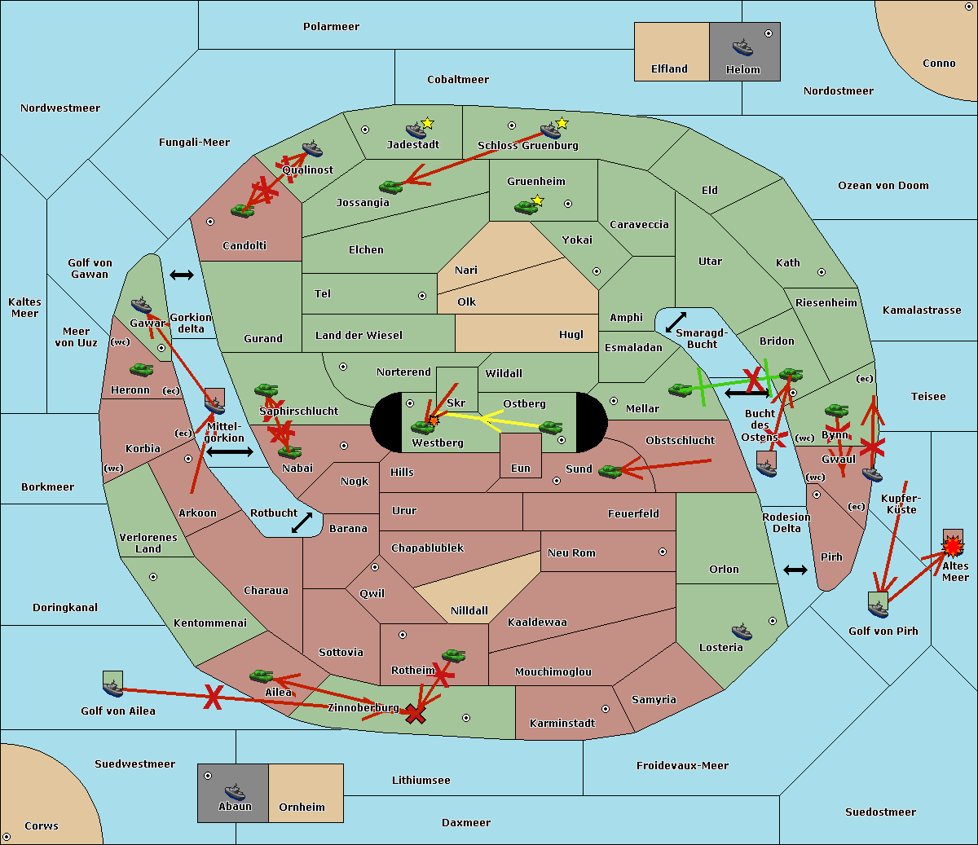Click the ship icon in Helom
[x=742, y=47]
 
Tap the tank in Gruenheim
[x=526, y=207]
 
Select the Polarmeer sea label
[x=331, y=27]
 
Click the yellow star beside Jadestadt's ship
[x=427, y=124]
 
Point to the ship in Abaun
[x=235, y=791]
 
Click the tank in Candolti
[x=242, y=210]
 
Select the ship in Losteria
[x=742, y=632]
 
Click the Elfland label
[x=669, y=68]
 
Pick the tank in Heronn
[x=142, y=370]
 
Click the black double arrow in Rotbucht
[x=302, y=522]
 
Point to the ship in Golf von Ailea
[x=112, y=689]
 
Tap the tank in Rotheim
[x=453, y=656]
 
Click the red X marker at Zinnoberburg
[x=416, y=715]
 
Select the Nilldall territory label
[x=469, y=610]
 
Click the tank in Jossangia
[x=391, y=187]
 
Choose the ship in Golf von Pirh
[x=878, y=609]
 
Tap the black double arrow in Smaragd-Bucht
[x=676, y=322]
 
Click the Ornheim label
[x=302, y=807]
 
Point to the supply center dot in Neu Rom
[x=663, y=552]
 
